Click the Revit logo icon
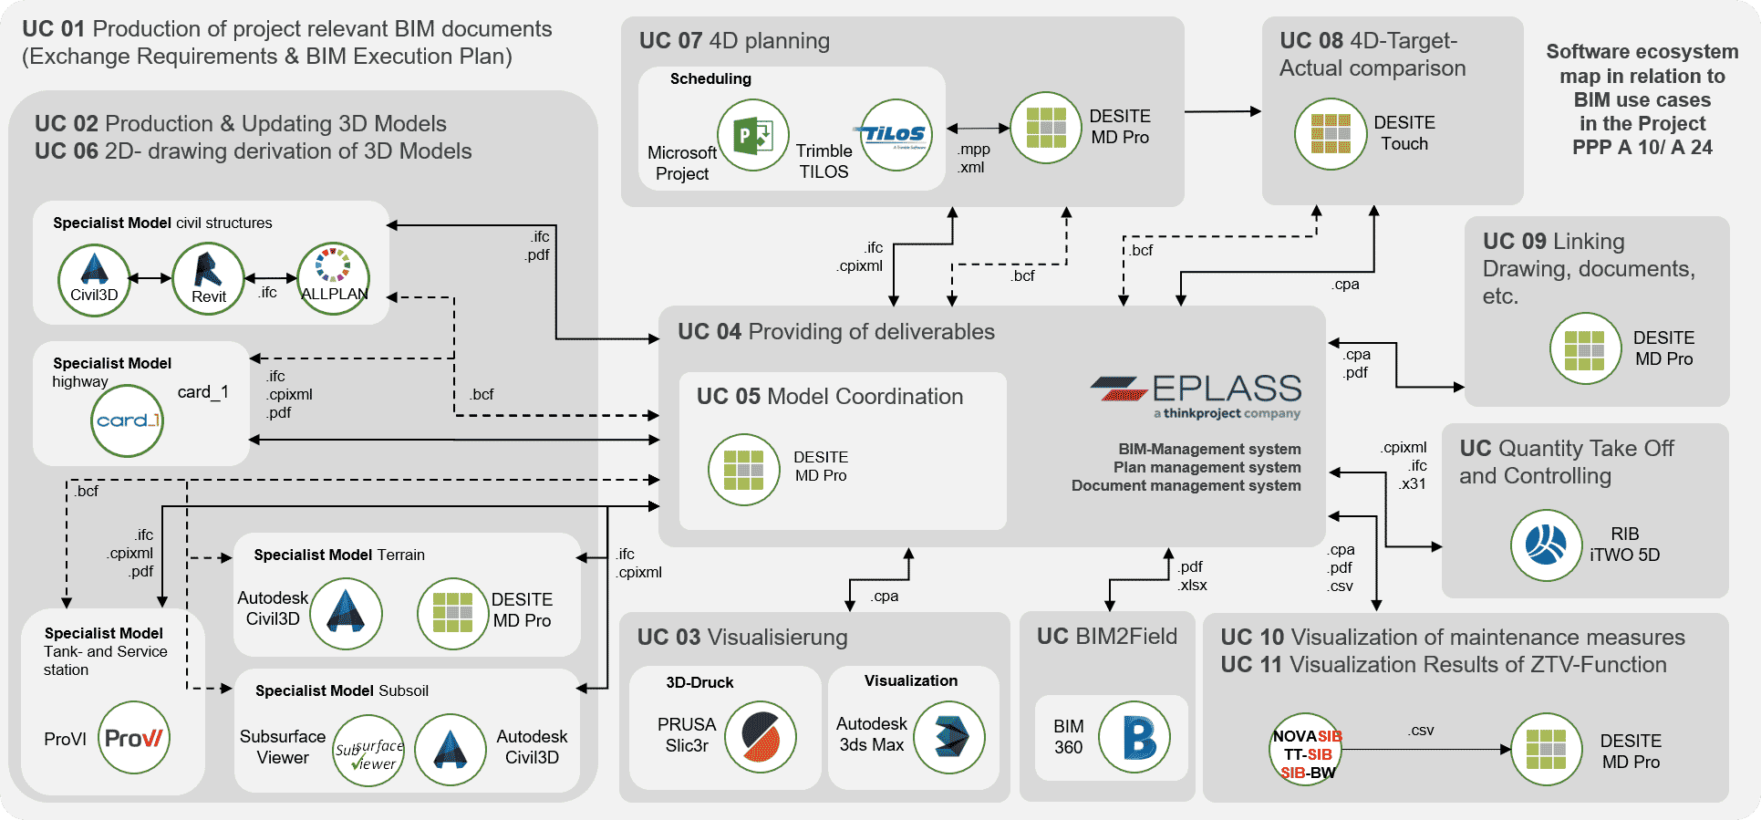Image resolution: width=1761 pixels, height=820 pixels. [208, 278]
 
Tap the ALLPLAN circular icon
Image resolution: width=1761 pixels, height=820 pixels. [334, 277]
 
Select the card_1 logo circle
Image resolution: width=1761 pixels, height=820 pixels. [128, 420]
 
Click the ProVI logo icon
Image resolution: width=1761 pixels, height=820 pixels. [134, 738]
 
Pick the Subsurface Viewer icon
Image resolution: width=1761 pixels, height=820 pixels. [368, 751]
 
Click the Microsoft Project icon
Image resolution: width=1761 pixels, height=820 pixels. [752, 136]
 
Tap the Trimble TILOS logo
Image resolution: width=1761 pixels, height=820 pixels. [896, 136]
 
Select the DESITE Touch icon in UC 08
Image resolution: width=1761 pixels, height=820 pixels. [1331, 133]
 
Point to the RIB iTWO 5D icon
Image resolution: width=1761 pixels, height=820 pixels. [1546, 545]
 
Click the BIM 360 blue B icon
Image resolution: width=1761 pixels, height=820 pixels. [1134, 737]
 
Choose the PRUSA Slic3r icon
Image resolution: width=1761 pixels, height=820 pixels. [761, 737]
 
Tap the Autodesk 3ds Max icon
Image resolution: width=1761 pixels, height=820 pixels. [948, 737]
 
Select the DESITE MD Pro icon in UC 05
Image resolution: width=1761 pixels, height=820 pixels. [743, 470]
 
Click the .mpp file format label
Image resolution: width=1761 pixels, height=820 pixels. [974, 149]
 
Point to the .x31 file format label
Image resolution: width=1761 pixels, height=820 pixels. [1412, 484]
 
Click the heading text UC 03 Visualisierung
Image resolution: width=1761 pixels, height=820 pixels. [742, 638]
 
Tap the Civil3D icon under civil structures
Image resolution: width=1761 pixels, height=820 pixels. [94, 278]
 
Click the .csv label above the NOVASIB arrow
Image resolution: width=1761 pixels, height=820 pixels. [1420, 731]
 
